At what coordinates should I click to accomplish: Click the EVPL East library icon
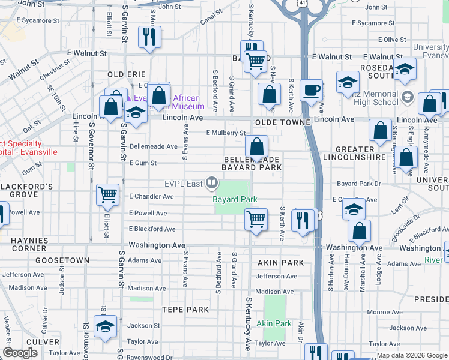[211, 182]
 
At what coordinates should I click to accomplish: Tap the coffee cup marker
[310, 91]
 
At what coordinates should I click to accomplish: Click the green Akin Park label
[274, 323]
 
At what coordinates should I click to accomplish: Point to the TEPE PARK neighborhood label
[185, 310]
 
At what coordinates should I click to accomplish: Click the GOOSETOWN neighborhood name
[62, 260]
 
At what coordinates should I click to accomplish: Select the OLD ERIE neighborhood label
[127, 74]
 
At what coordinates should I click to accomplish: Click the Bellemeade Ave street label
[154, 146]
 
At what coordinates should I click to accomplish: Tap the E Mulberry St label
[226, 133]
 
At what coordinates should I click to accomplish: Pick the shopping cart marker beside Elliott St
[107, 194]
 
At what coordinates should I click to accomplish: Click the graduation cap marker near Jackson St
[106, 326]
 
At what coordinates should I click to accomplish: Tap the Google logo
[20, 353]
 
